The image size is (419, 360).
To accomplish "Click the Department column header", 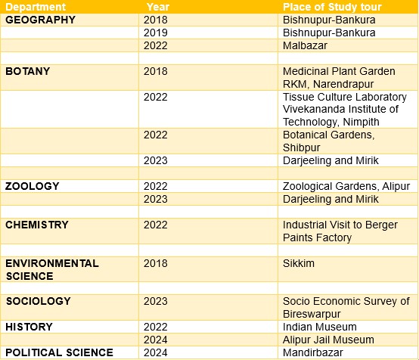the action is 36,7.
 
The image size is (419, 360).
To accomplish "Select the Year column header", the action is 158,7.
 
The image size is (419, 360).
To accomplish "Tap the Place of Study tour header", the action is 332,7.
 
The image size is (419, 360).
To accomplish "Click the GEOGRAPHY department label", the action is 40,20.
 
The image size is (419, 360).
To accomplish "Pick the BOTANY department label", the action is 27,71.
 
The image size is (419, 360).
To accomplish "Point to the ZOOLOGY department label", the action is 32,186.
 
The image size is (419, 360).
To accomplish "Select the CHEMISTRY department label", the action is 37,225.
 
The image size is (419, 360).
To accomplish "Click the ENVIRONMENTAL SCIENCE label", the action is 52,269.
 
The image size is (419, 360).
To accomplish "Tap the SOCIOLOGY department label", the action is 39,301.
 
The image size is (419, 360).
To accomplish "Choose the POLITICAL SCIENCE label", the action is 59,352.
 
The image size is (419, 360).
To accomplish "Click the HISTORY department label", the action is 29,327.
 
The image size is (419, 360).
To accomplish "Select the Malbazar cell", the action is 305,45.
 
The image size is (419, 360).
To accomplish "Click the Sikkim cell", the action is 299,263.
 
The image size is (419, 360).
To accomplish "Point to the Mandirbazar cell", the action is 312,352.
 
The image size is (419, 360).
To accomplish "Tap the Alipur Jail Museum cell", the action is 328,340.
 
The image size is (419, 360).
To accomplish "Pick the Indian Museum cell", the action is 320,327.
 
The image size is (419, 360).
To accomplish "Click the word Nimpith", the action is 361,122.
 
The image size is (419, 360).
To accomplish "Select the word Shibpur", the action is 302,147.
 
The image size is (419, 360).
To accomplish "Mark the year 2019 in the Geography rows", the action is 156,33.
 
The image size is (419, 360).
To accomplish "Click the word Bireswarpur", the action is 312,314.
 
